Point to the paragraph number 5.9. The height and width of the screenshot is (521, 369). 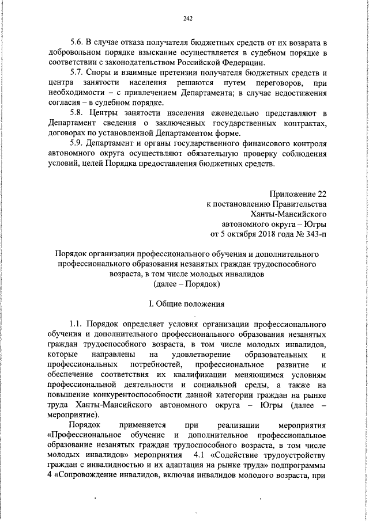pos(77,143)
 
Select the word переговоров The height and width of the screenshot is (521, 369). pos(270,83)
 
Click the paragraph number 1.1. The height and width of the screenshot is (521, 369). pos(77,324)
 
